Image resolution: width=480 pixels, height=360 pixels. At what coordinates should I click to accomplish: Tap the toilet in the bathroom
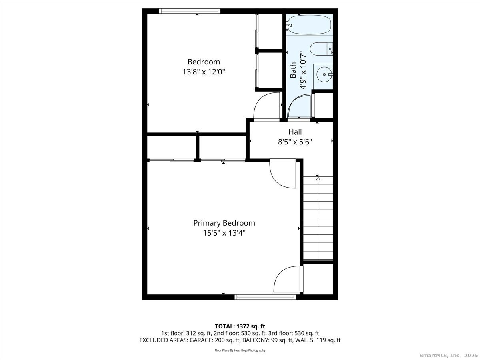[321, 49]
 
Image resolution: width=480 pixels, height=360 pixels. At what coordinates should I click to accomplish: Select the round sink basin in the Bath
[324, 74]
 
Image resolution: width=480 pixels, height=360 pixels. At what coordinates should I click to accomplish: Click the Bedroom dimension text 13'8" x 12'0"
[204, 72]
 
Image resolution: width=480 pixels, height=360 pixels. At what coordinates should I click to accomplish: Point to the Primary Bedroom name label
[224, 223]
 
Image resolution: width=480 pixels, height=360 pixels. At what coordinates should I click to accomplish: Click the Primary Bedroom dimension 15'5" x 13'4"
[224, 233]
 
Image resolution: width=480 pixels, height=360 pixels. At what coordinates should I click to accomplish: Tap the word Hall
[295, 132]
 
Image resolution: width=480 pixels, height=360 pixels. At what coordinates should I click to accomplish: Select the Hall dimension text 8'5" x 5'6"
[295, 142]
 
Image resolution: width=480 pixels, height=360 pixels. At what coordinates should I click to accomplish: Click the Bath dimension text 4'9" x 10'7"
[303, 70]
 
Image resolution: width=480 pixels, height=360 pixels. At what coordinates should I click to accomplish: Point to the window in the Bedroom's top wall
[189, 11]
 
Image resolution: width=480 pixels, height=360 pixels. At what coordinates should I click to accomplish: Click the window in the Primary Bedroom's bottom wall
[266, 297]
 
